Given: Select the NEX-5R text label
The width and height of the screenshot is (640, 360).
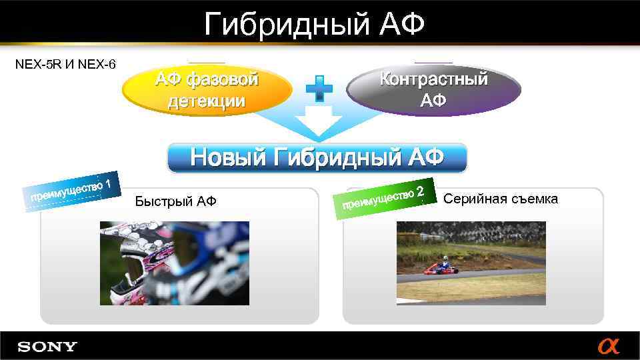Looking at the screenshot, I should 38,65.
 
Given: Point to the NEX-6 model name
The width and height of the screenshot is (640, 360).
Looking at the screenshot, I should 97,65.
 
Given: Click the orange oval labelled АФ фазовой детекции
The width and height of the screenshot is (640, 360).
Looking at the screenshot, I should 207,91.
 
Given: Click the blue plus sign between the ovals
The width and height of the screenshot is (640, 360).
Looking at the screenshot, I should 319,89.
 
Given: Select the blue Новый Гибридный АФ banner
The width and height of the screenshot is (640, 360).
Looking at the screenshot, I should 317,158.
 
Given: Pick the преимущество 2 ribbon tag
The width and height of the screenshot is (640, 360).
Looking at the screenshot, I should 384,196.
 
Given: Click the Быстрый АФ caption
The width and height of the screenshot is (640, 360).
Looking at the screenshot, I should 175,201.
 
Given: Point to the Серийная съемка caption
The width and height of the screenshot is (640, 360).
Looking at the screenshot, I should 501,199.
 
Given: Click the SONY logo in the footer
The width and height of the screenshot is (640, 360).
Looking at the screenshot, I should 47,347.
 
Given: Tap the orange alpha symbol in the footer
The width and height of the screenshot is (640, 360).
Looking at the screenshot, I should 608,347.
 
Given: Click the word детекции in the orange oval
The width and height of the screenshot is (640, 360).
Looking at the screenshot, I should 207,102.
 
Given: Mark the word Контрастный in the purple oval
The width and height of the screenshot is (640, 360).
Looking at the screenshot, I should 433,79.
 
